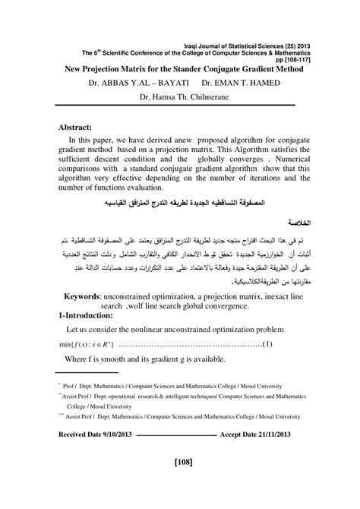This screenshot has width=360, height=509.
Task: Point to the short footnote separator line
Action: coord(87,372)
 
